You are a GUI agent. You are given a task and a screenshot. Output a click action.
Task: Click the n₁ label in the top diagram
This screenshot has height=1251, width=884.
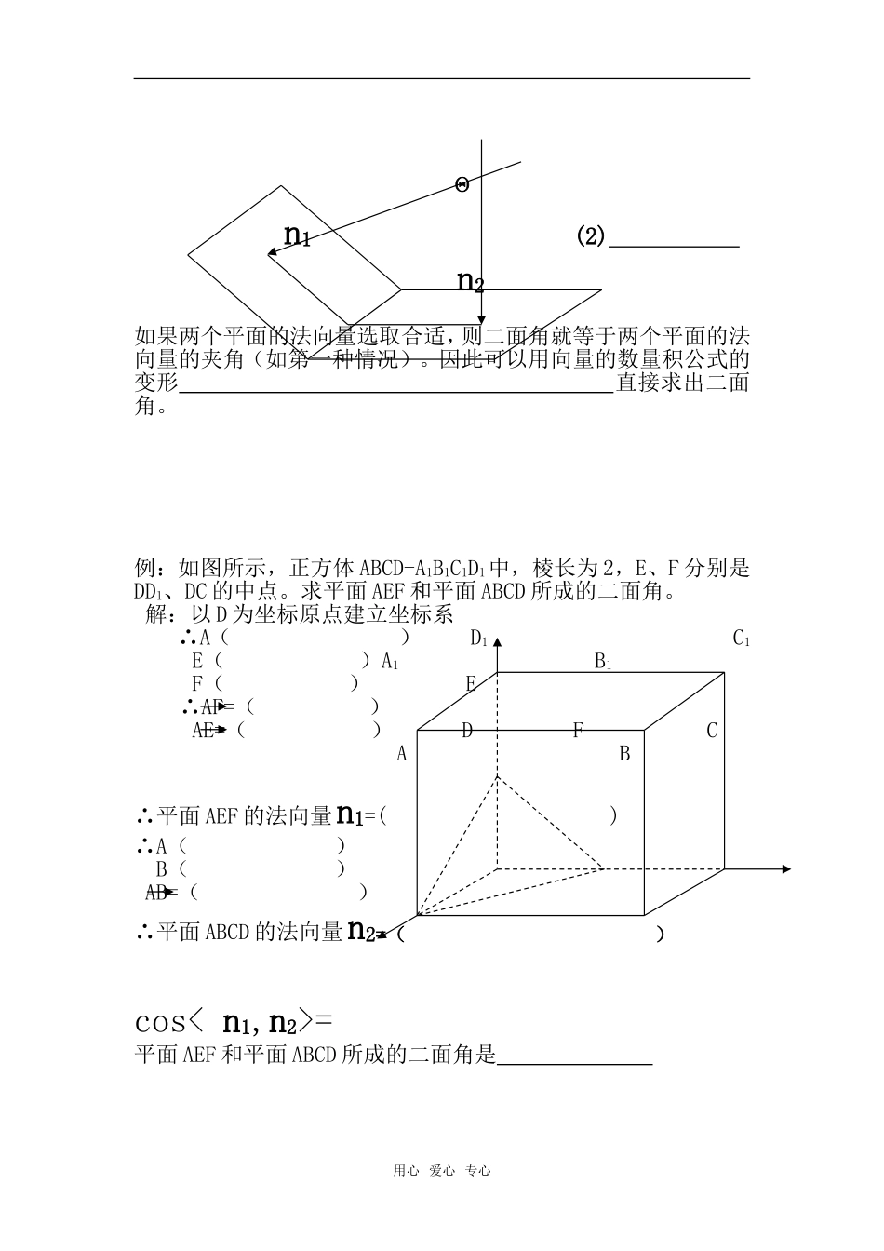(x=296, y=235)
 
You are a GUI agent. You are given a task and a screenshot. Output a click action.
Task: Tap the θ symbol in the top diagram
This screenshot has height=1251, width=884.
(x=462, y=184)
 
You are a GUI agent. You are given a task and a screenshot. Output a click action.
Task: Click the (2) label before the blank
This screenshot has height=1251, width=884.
(x=591, y=236)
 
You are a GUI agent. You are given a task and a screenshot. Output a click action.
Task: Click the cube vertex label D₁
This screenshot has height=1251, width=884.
(x=479, y=639)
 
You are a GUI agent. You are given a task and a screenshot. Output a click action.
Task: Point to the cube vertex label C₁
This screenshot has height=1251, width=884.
(x=742, y=639)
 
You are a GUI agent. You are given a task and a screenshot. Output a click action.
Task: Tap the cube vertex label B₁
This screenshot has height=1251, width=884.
(x=603, y=662)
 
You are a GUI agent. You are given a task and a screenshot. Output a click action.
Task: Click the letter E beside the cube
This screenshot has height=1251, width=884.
(x=471, y=685)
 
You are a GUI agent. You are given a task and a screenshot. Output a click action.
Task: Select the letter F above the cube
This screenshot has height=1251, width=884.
(x=578, y=731)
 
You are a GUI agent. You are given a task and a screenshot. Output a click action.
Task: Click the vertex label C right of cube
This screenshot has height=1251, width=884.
(x=712, y=731)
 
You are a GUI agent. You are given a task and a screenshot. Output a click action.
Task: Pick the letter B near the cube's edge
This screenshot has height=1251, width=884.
(x=624, y=754)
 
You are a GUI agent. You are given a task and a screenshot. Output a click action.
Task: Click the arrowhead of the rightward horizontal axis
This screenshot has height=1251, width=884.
(x=786, y=868)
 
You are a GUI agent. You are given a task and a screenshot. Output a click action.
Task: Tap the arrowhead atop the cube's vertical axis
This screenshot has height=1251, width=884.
(x=498, y=642)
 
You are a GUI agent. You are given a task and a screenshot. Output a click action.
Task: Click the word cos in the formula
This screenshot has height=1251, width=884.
(x=161, y=1023)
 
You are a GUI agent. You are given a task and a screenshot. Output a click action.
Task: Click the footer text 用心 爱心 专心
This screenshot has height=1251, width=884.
(x=441, y=1171)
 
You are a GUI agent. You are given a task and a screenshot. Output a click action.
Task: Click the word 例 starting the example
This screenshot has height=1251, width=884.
(x=145, y=568)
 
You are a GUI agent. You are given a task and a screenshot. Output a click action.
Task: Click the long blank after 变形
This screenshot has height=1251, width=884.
(x=395, y=391)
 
